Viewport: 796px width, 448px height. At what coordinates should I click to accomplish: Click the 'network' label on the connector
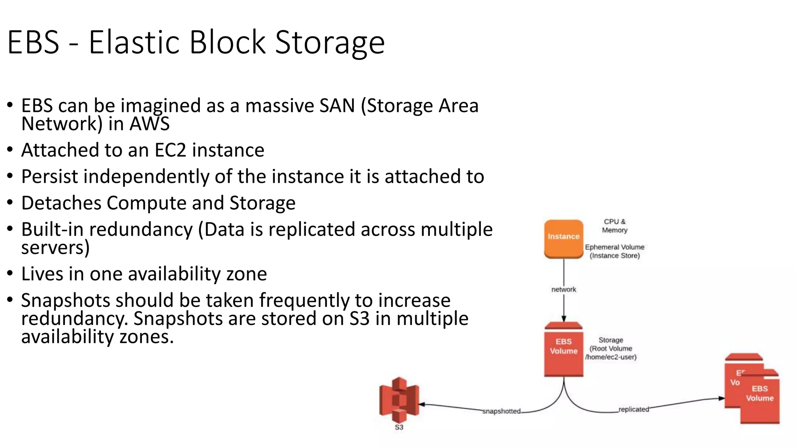tap(564, 289)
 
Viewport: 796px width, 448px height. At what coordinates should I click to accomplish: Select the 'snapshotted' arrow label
tap(501, 411)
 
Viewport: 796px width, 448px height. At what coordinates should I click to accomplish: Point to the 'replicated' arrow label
tap(634, 409)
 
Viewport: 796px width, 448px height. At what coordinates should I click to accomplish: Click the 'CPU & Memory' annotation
tap(614, 226)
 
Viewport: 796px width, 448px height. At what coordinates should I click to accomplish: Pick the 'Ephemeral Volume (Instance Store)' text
tap(614, 251)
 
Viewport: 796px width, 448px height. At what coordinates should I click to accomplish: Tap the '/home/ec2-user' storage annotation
tap(611, 357)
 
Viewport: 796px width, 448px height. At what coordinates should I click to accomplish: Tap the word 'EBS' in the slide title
tap(33, 42)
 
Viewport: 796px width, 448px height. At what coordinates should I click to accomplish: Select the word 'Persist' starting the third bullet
tap(50, 177)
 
